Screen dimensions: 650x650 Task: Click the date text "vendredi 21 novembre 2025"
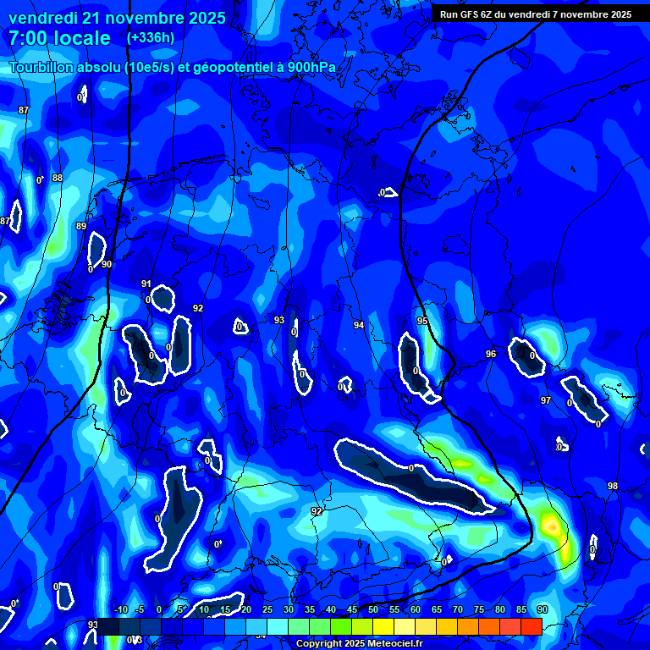[x=117, y=18]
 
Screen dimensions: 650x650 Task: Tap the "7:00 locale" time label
[x=59, y=38]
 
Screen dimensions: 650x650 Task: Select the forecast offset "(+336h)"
[x=151, y=37]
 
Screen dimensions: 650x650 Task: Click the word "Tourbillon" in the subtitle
[x=42, y=67]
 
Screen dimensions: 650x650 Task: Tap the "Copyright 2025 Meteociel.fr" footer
[x=359, y=644]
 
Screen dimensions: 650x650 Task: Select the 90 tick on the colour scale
[x=542, y=609]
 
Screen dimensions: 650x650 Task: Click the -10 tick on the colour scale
[x=119, y=609]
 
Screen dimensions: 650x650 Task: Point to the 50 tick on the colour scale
[x=373, y=609]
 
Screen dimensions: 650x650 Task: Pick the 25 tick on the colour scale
[x=267, y=609]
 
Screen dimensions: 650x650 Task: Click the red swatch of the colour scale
[x=531, y=626]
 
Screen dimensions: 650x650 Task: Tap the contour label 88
[x=58, y=178]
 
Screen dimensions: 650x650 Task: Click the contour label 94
[x=359, y=325]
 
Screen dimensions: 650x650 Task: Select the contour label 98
[x=613, y=486]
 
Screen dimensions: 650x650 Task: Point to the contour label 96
[x=491, y=354]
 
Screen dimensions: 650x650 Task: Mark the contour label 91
[x=146, y=284]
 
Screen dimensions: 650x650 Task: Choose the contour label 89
[x=81, y=226]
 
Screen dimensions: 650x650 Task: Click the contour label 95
[x=422, y=321]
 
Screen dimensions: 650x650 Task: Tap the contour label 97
[x=546, y=400]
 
